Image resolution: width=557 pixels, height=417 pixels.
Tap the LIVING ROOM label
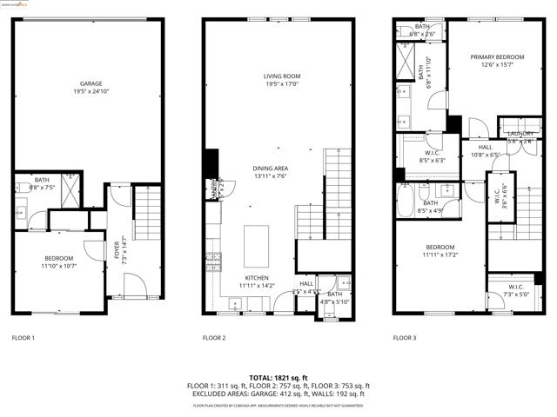282,76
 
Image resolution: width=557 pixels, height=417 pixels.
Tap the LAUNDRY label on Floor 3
520,133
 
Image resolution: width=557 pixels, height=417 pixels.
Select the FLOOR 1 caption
23,338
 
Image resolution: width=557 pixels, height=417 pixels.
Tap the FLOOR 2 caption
214,338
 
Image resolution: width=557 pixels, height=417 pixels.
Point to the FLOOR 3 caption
405,338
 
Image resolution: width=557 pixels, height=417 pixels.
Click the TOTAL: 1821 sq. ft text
278,378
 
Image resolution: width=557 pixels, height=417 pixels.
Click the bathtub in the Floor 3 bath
406,201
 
